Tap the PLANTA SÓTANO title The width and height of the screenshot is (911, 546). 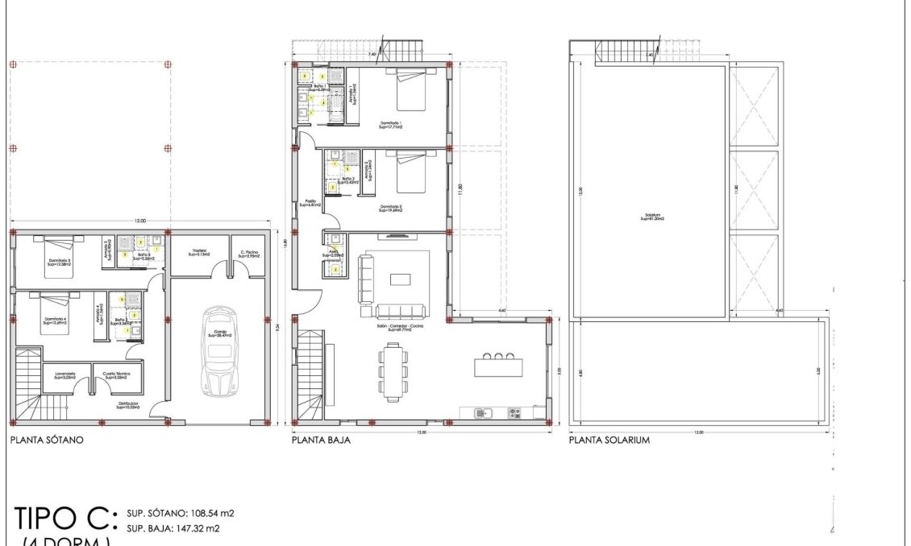47,441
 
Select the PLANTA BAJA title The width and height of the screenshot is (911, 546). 321,441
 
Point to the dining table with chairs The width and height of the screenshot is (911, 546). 393,372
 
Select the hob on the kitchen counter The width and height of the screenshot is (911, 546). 514,413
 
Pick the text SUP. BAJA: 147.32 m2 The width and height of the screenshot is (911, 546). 173,528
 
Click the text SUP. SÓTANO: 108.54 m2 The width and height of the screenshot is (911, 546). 180,512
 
